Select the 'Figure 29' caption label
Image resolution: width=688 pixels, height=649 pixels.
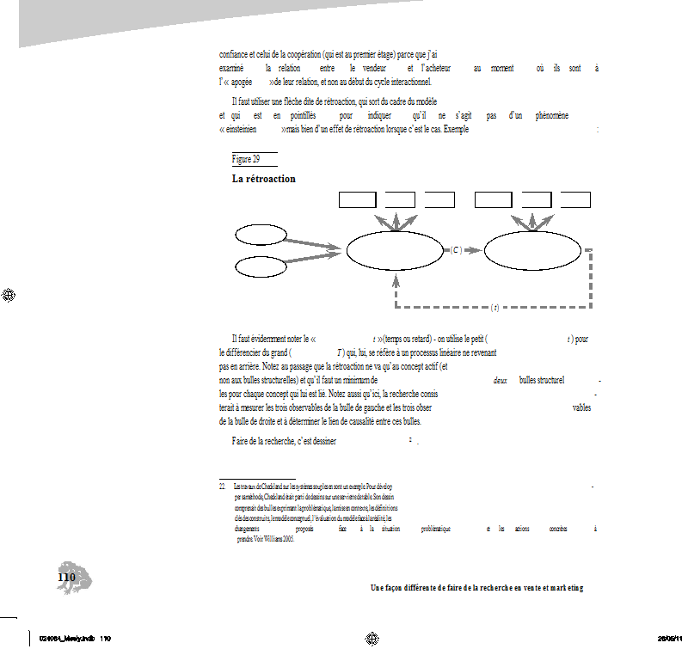[x=246, y=159]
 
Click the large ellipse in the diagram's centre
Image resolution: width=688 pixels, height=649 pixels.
[x=395, y=250]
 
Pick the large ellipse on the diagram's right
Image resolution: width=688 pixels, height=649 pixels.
[x=532, y=250]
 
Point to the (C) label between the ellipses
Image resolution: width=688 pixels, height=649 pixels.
[x=457, y=250]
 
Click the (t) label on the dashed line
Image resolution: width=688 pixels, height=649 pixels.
[x=494, y=307]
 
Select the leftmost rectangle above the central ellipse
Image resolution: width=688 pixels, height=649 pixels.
[x=358, y=200]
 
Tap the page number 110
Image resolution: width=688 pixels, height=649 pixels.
[x=66, y=578]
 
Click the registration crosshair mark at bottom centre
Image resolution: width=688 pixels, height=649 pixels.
[x=372, y=638]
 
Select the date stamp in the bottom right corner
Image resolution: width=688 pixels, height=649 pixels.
[x=672, y=639]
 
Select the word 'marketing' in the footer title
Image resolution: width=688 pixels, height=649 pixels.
[x=562, y=588]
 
